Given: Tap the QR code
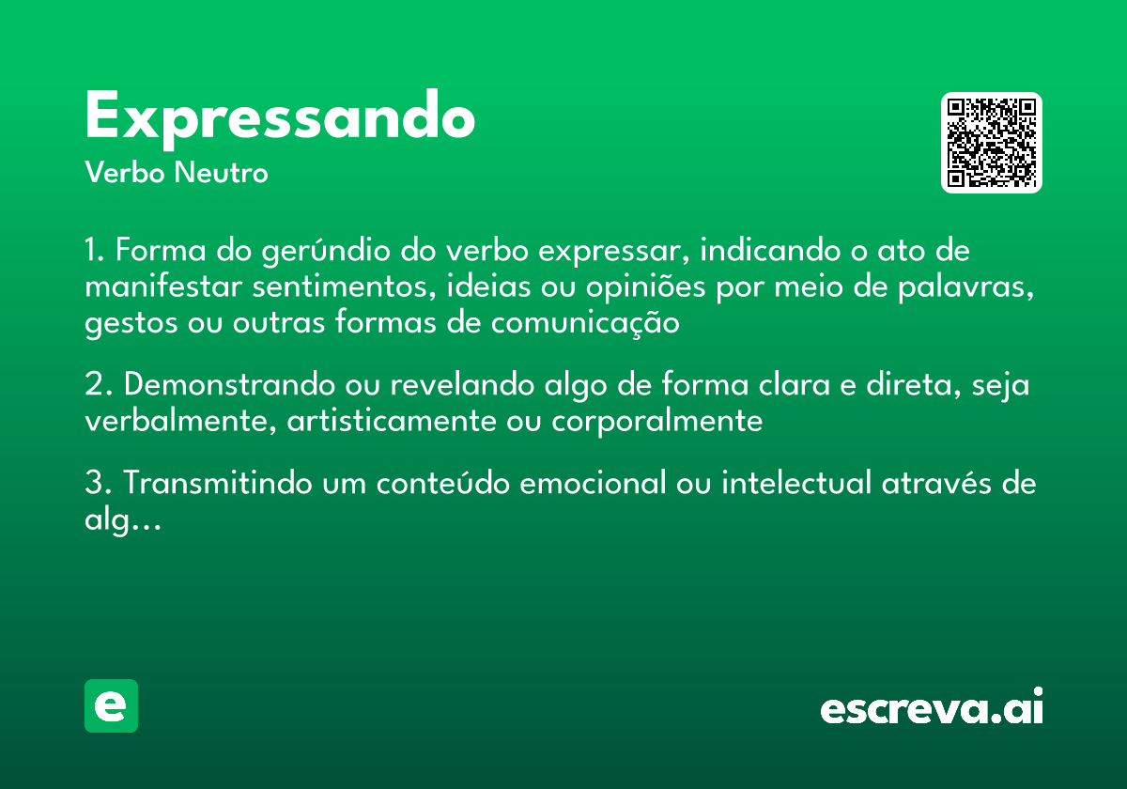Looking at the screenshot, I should (992, 143).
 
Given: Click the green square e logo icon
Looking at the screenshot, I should (111, 705).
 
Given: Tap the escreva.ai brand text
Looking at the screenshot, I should (932, 708).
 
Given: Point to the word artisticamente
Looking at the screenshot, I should (388, 421).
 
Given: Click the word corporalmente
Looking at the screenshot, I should (656, 421).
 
